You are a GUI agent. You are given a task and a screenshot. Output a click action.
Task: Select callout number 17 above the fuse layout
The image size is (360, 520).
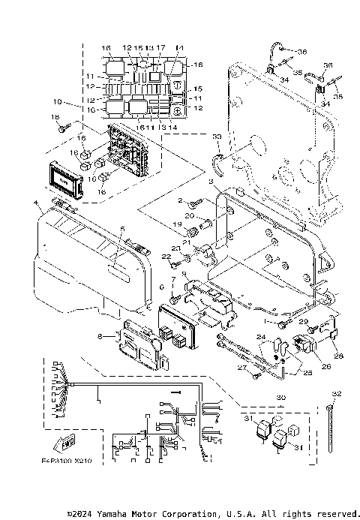pyautogui.click(x=160, y=48)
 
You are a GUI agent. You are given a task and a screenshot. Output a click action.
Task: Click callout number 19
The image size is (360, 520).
pyautogui.click(x=178, y=224)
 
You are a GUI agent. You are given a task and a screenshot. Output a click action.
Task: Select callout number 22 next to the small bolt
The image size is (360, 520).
pyautogui.click(x=166, y=257)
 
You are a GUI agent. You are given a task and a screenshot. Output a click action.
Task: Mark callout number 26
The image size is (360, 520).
pyautogui.click(x=325, y=367)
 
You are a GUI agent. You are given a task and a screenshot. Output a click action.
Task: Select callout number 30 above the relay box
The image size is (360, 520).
pyautogui.click(x=281, y=398)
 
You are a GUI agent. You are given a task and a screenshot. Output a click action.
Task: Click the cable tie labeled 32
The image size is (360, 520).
pyautogui.click(x=330, y=431)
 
